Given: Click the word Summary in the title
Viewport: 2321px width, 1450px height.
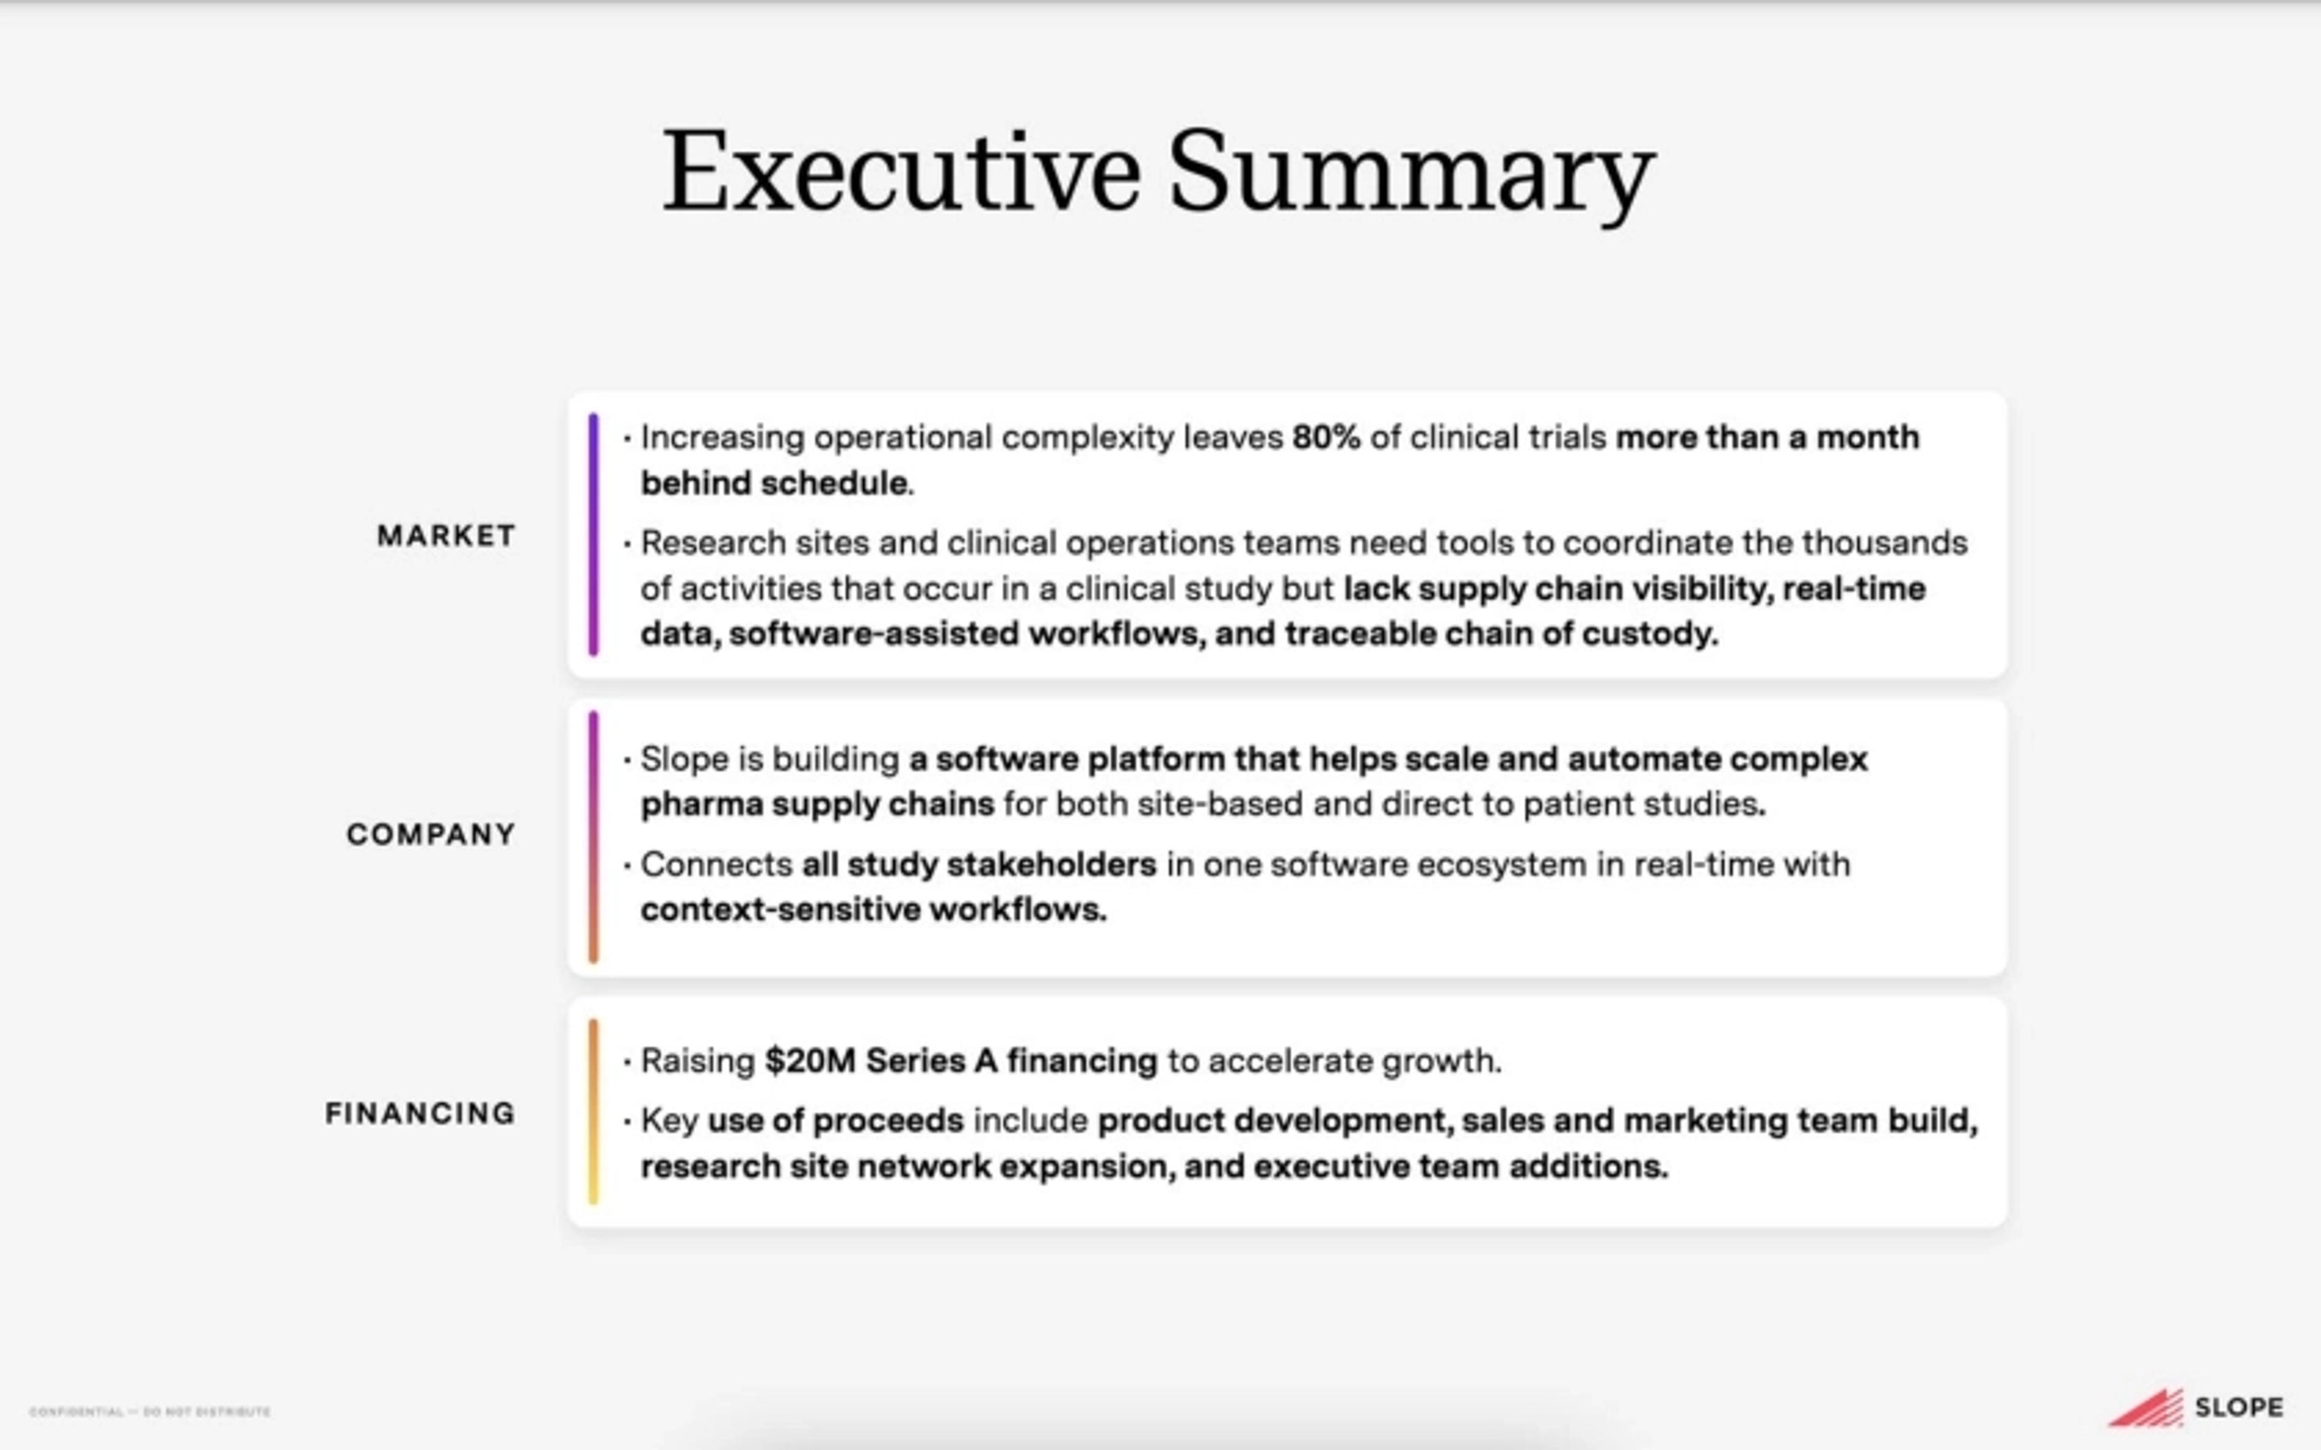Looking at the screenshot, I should [1411, 173].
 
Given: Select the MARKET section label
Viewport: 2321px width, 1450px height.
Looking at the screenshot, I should [446, 535].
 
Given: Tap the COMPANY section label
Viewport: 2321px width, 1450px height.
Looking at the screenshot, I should [430, 834].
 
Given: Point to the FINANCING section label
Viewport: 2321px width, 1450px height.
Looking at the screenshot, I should [420, 1113].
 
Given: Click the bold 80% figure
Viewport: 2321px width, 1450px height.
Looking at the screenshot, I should [1326, 437].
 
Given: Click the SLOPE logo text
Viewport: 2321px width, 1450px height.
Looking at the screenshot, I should [2239, 1408].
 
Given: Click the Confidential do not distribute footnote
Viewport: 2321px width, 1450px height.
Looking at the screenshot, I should [150, 1412].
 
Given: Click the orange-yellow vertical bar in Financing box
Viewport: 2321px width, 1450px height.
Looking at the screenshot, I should [594, 1110].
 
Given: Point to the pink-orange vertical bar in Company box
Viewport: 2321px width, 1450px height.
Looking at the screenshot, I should [594, 836].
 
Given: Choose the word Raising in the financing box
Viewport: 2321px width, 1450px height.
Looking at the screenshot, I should [698, 1061].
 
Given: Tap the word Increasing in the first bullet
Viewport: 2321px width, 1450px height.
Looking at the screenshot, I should [722, 437].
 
